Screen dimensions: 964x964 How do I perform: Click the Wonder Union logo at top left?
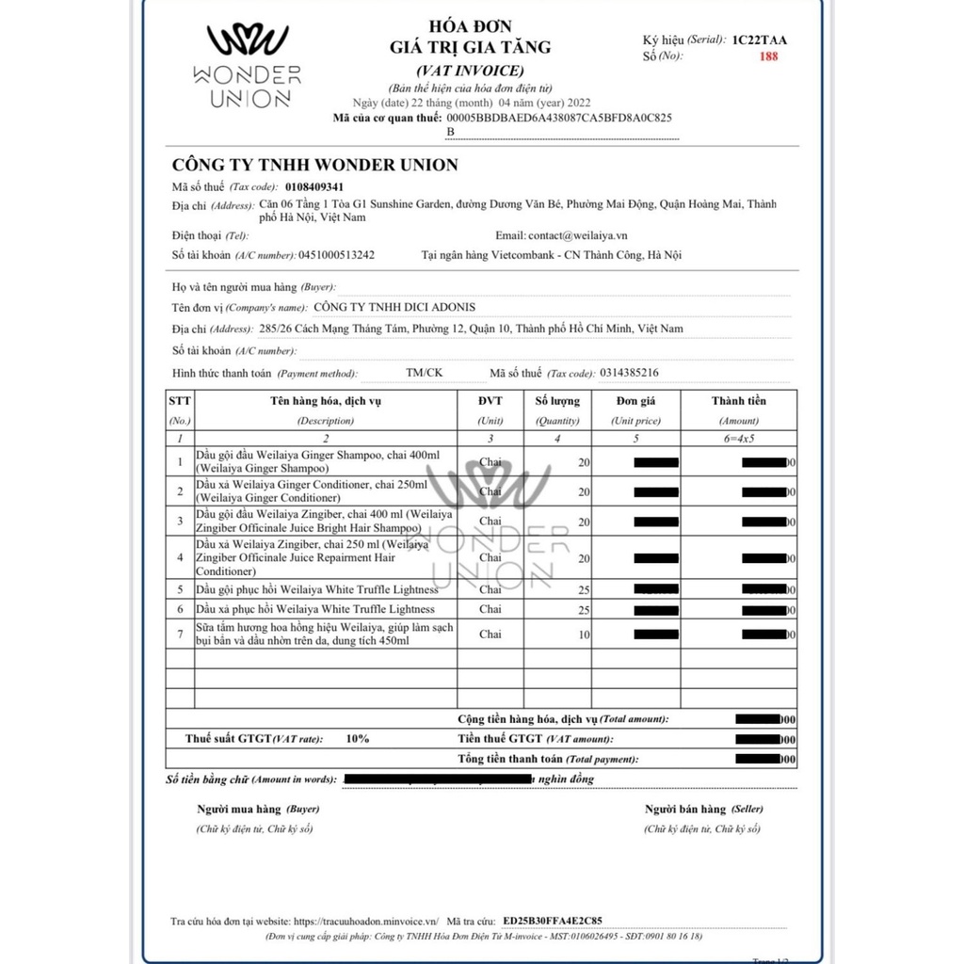pyautogui.click(x=253, y=66)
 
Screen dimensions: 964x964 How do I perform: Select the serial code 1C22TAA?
pyautogui.click(x=760, y=40)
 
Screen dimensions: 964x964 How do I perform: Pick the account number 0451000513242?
pyautogui.click(x=336, y=254)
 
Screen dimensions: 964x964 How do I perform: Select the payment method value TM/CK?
pyautogui.click(x=424, y=373)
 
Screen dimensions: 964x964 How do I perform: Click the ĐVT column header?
pyautogui.click(x=490, y=401)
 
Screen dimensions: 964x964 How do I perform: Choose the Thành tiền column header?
pyautogui.click(x=739, y=401)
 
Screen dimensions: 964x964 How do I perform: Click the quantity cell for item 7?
pyautogui.click(x=558, y=635)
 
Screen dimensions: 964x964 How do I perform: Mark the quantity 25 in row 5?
pyautogui.click(x=558, y=589)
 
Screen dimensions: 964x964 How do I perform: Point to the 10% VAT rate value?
pyautogui.click(x=358, y=739)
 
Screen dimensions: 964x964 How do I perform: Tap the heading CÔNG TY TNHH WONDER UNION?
pyautogui.click(x=314, y=165)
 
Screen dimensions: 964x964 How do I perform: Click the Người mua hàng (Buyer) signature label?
pyautogui.click(x=258, y=809)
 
